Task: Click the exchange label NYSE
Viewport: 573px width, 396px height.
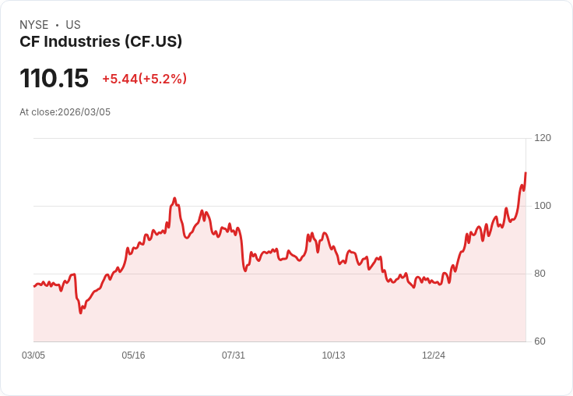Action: [x=33, y=25]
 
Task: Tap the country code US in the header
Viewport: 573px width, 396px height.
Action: [x=73, y=25]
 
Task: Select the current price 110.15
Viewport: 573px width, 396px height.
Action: [x=54, y=79]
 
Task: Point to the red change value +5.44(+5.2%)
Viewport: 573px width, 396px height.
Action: [x=144, y=79]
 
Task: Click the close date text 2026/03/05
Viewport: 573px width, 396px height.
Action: [x=84, y=112]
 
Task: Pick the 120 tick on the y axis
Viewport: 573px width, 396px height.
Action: [x=542, y=138]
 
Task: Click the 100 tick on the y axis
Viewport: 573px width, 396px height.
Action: [x=542, y=206]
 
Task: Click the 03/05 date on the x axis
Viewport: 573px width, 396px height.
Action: [x=33, y=355]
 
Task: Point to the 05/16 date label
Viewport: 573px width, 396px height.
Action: [x=133, y=355]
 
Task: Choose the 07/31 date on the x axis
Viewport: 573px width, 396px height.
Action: [x=234, y=355]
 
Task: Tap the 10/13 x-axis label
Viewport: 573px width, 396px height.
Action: [x=333, y=355]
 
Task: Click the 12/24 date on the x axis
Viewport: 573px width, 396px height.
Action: [x=434, y=355]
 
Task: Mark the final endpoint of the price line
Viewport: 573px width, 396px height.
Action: [x=526, y=173]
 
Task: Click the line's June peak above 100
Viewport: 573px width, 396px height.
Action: [x=175, y=199]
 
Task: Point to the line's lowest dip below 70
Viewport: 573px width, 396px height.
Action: [x=80, y=313]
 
